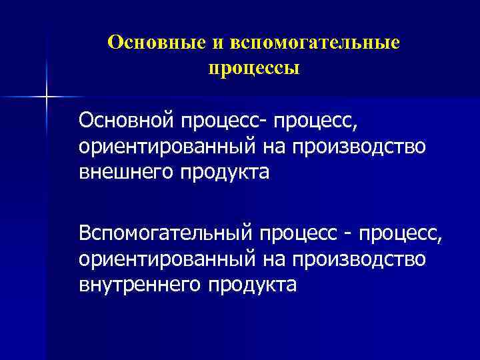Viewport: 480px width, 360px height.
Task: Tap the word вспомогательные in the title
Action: point(315,43)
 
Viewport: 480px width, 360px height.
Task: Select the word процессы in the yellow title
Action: point(253,68)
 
